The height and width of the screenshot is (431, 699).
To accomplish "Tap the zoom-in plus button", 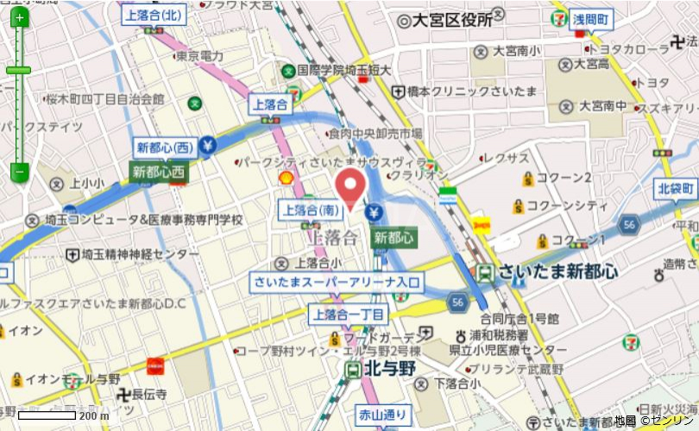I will tap(19, 18).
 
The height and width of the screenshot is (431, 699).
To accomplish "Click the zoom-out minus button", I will tap(19, 172).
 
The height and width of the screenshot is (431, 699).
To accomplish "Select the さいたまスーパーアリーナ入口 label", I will tap(336, 282).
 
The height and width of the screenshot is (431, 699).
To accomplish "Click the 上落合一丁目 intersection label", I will tap(348, 314).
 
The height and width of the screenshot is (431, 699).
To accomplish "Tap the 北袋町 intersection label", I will tap(677, 187).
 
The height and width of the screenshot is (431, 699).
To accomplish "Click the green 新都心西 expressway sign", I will tap(159, 172).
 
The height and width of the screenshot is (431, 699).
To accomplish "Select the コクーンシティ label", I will tap(566, 206).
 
